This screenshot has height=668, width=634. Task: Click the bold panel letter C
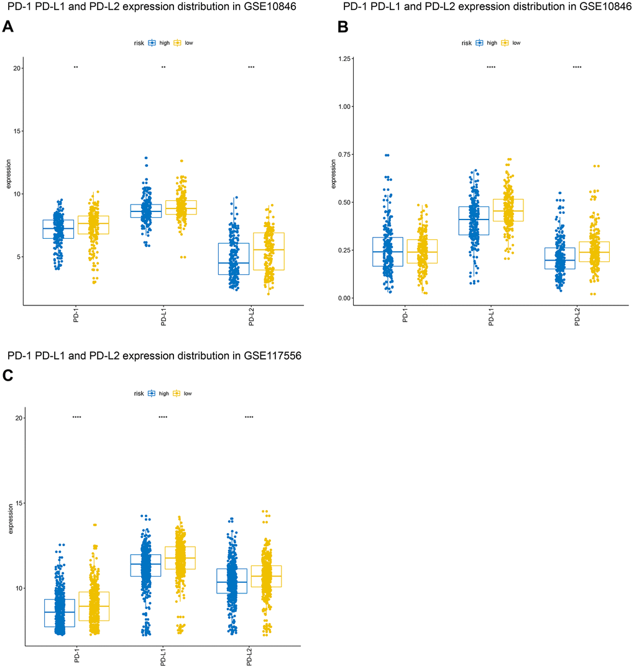tap(8, 377)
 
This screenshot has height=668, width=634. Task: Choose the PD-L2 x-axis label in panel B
tap(577, 319)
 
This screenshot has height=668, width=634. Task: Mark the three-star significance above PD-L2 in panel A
tap(251, 67)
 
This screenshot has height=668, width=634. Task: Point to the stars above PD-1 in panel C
tap(76, 417)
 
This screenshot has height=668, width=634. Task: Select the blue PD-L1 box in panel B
tap(473, 221)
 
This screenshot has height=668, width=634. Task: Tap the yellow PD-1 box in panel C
tap(95, 606)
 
